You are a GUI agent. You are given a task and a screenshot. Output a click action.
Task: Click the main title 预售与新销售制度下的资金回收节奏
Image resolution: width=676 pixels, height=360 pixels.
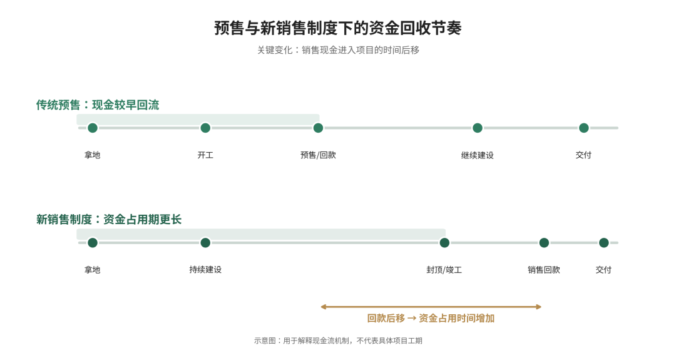click(x=338, y=28)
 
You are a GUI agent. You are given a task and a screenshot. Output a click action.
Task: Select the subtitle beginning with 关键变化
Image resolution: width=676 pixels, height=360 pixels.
click(x=339, y=50)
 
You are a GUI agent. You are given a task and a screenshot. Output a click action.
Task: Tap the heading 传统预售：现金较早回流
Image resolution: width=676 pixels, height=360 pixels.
click(x=98, y=105)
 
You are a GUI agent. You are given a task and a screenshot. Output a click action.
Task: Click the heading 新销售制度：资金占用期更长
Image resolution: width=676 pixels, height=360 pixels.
click(x=109, y=220)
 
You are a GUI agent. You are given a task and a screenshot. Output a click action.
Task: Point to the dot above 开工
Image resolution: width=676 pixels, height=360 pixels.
click(x=205, y=128)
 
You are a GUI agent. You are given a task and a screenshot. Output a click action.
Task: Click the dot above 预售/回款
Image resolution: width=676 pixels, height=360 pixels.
click(x=318, y=128)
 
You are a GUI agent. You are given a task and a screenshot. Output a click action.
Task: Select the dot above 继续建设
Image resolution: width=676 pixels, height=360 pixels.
click(x=477, y=128)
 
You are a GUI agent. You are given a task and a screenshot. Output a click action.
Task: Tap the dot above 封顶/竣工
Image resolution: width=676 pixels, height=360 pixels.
click(x=444, y=243)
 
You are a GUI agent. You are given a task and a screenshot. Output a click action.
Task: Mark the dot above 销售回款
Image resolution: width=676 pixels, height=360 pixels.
click(x=544, y=243)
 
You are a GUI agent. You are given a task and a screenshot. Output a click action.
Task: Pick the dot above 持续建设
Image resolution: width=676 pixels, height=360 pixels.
click(x=205, y=243)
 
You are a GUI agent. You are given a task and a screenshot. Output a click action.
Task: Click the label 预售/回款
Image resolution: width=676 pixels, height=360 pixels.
click(x=318, y=155)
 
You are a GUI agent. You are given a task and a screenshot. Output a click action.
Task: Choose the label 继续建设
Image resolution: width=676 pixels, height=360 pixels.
click(x=477, y=155)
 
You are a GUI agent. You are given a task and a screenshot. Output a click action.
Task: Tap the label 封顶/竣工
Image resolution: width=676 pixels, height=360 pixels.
click(x=444, y=270)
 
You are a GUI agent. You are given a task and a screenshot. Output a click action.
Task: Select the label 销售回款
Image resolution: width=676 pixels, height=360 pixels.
click(x=544, y=270)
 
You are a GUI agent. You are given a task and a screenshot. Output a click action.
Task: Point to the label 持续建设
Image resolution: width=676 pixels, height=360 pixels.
click(x=205, y=270)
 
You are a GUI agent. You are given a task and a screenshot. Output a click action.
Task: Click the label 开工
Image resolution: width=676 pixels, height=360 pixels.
click(x=205, y=155)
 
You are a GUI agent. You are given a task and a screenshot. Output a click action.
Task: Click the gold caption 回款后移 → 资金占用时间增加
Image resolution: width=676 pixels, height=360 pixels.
click(x=431, y=318)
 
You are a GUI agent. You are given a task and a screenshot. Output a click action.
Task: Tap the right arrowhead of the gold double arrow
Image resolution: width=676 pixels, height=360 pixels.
click(x=540, y=307)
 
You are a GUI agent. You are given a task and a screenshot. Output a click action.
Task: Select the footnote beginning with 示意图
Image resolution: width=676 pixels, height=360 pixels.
click(x=338, y=341)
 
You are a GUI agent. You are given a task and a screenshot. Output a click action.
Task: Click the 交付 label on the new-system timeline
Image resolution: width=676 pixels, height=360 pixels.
click(x=603, y=270)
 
